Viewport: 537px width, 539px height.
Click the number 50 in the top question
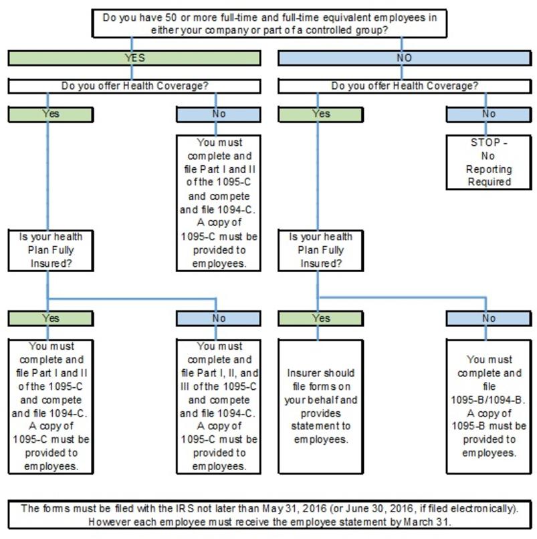(x=171, y=17)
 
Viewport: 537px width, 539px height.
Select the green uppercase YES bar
(x=134, y=58)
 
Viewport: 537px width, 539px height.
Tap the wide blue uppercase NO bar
(x=405, y=58)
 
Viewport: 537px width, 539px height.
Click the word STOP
(x=485, y=142)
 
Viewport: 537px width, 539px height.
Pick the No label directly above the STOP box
(x=489, y=114)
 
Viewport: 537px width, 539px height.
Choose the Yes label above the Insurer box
(x=321, y=318)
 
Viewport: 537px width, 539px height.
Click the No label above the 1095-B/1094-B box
(x=489, y=318)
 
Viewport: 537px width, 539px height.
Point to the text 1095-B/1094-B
(x=488, y=400)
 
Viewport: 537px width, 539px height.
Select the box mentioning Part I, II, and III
(x=219, y=407)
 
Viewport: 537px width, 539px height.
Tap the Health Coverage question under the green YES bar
(x=134, y=86)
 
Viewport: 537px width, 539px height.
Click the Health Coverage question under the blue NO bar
(x=405, y=86)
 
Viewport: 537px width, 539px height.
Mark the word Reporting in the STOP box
(x=489, y=169)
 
